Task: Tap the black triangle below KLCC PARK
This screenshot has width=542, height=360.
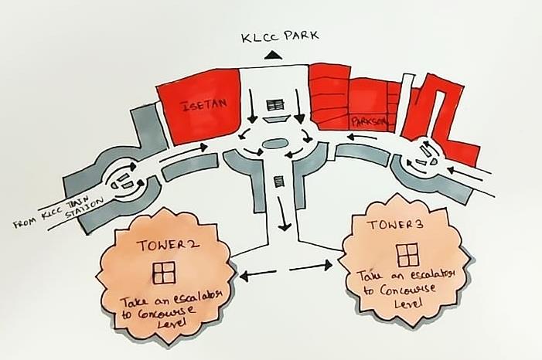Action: click(272, 54)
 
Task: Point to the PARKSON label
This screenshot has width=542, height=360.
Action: click(367, 122)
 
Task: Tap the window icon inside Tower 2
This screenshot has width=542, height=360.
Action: click(163, 271)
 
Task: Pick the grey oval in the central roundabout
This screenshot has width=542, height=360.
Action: click(274, 144)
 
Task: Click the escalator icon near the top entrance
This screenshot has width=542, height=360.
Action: click(274, 104)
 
